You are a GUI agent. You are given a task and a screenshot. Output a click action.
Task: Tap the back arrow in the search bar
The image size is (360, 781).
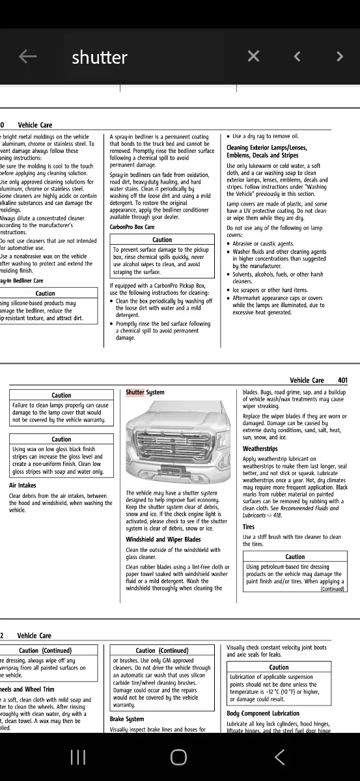coord(28,57)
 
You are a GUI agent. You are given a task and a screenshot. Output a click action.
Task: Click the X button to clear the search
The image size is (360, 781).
coord(253,57)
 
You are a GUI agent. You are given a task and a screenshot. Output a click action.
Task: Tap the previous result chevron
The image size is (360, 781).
coord(297,57)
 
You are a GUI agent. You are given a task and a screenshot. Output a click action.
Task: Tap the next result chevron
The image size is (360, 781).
coord(339,57)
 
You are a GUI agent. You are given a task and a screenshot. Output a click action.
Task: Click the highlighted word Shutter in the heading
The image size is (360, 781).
coord(135,392)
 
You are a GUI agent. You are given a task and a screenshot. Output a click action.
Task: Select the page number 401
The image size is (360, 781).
coord(342,381)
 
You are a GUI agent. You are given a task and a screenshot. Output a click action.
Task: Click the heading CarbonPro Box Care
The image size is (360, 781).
coord(132,227)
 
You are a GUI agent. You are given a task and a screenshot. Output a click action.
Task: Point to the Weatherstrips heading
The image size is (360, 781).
coord(260,449)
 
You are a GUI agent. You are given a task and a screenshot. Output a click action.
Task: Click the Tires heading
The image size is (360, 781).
coord(249,527)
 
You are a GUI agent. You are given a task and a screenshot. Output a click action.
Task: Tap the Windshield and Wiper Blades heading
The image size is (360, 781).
coord(163,540)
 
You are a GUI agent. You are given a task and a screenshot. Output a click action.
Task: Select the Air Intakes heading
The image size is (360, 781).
coord(23,486)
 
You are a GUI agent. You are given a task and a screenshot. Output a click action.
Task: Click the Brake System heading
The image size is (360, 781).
coord(126,719)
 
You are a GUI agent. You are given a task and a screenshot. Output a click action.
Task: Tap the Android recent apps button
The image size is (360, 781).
coord(78,757)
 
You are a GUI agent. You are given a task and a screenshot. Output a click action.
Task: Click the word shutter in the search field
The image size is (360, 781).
coord(100,57)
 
